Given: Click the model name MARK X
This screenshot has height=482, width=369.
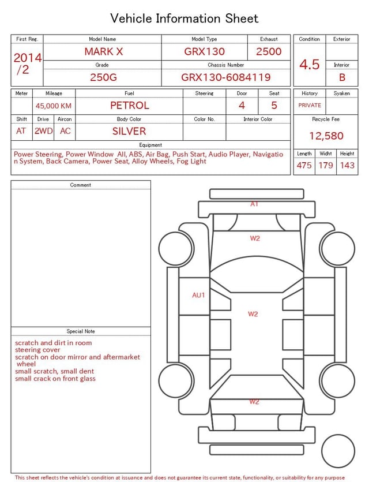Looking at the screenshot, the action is (x=103, y=51).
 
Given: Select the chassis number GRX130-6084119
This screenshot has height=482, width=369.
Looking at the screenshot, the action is (x=225, y=77).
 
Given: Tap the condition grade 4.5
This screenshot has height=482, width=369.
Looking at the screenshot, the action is (x=310, y=64).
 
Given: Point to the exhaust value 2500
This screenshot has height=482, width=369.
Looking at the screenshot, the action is (x=269, y=51).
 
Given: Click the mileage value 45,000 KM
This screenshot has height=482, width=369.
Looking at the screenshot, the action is (x=54, y=106).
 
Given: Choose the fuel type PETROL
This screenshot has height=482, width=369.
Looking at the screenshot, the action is (x=129, y=106).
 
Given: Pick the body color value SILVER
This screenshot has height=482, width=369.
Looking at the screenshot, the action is (x=129, y=131).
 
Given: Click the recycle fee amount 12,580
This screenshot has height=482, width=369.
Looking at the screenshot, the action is (x=326, y=136).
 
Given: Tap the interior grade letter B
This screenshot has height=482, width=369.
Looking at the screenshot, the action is (x=342, y=77).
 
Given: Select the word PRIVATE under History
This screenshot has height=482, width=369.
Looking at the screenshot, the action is (x=310, y=105).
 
